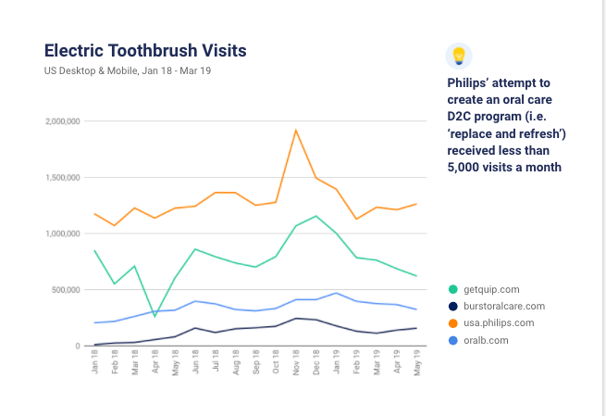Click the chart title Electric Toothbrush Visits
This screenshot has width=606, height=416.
(x=145, y=49)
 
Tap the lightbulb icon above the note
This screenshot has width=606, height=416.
(x=458, y=56)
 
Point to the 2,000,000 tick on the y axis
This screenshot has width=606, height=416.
(x=62, y=121)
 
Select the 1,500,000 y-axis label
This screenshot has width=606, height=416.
(x=62, y=178)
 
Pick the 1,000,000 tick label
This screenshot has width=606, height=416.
(x=62, y=234)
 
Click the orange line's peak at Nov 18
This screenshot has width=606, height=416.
(x=295, y=130)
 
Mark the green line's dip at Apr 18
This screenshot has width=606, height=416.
(x=155, y=316)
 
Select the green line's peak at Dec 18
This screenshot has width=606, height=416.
(x=316, y=216)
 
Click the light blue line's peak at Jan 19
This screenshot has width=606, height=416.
(x=337, y=293)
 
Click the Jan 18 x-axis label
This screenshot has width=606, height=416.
(x=95, y=366)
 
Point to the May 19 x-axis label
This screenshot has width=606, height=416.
(x=418, y=366)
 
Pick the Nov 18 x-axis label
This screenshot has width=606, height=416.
(x=296, y=366)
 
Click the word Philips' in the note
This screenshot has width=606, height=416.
(x=469, y=82)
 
